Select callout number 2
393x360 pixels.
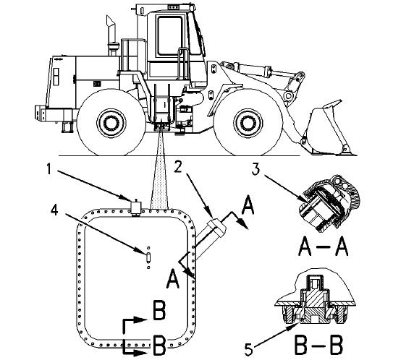(178, 168)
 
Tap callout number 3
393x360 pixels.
(255, 169)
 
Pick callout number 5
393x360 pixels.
(248, 349)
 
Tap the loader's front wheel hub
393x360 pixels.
(248, 123)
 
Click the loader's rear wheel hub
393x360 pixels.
(111, 123)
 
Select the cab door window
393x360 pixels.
(169, 35)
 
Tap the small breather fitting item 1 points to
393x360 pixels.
(136, 207)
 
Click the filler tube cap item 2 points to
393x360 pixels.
(216, 227)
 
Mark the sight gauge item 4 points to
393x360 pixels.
(148, 257)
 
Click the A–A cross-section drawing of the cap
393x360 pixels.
(329, 203)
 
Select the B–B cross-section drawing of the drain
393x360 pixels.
(316, 302)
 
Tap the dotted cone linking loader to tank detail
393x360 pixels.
(160, 170)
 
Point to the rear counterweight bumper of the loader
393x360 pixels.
(54, 114)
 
